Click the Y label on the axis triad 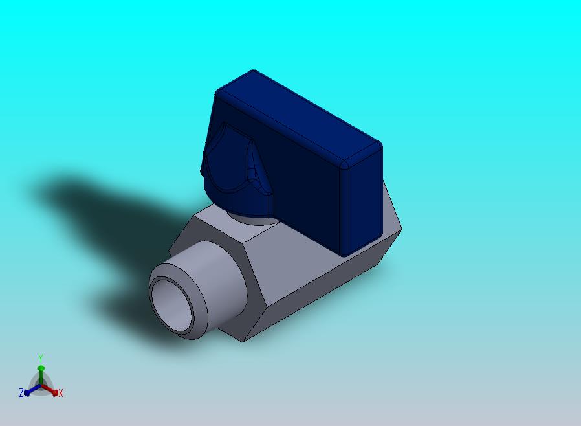(41, 358)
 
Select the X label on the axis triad (61, 393)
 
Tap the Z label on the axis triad (21, 392)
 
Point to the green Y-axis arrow (41, 376)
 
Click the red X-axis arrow (50, 390)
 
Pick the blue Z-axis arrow (32, 390)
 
